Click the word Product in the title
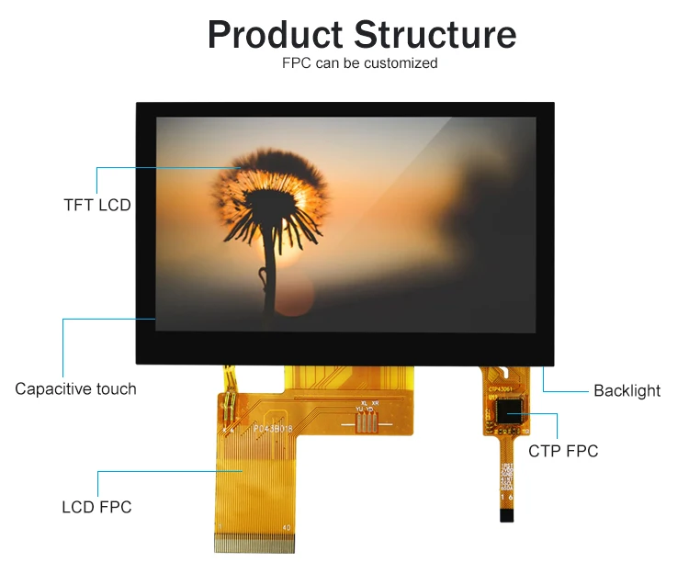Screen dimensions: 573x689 click(275, 35)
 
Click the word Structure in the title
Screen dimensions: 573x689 click(435, 35)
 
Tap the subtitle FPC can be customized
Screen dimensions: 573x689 click(359, 63)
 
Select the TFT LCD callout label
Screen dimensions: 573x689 click(96, 205)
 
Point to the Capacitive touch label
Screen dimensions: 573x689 click(75, 388)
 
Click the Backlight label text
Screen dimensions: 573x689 click(627, 390)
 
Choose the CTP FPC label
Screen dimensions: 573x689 click(563, 451)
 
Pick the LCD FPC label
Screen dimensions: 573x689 click(96, 507)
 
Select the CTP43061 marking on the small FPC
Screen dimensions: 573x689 click(503, 388)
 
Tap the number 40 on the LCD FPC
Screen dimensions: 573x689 click(286, 527)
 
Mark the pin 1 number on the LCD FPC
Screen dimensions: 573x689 click(220, 527)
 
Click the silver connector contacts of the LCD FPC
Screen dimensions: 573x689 click(254, 545)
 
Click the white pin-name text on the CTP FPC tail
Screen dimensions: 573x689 click(506, 477)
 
